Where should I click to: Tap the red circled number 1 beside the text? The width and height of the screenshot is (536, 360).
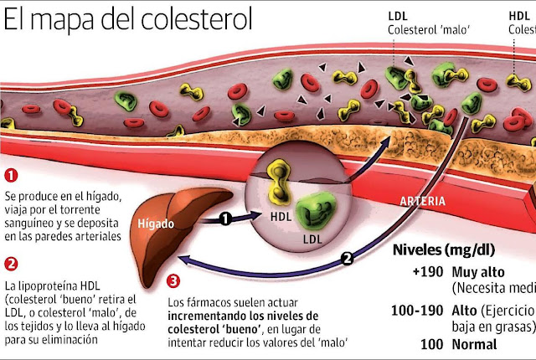pos(11,177)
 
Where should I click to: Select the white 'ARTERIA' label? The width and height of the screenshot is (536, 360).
pos(423,202)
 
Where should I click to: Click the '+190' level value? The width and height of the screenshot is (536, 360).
pos(425,274)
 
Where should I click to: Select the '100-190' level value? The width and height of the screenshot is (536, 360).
pos(415,310)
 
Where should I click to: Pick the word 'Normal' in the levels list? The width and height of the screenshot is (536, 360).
pos(475,344)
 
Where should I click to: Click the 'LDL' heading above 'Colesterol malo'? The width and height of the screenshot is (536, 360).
pos(399,16)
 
